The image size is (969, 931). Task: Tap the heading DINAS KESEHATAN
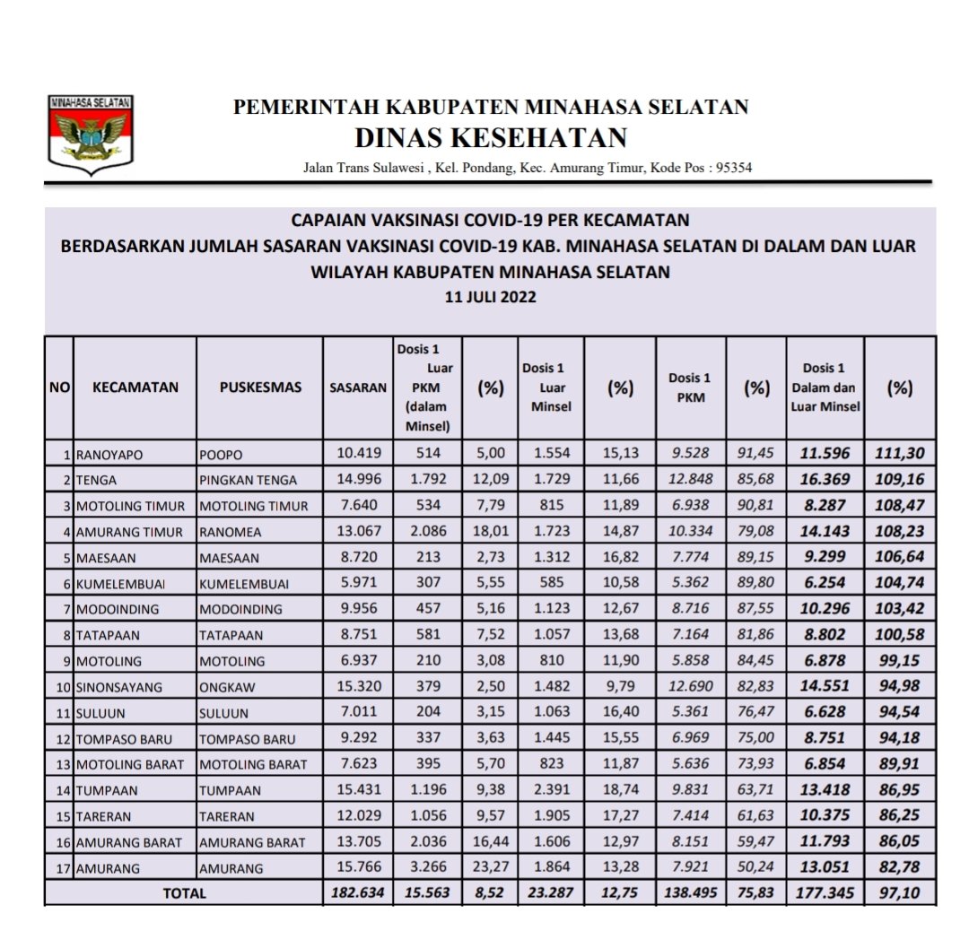490,138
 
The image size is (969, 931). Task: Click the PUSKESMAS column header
260,387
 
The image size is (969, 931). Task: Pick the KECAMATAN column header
135,387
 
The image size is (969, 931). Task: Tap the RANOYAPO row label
109,455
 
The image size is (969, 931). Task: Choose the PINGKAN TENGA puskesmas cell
248,480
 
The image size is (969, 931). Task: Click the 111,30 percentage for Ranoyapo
900,454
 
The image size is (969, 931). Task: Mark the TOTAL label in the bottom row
184,893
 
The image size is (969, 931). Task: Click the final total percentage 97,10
900,893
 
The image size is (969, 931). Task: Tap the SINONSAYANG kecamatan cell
119,687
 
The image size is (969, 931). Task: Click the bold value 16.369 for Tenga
825,480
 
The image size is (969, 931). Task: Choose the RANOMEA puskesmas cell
229,532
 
